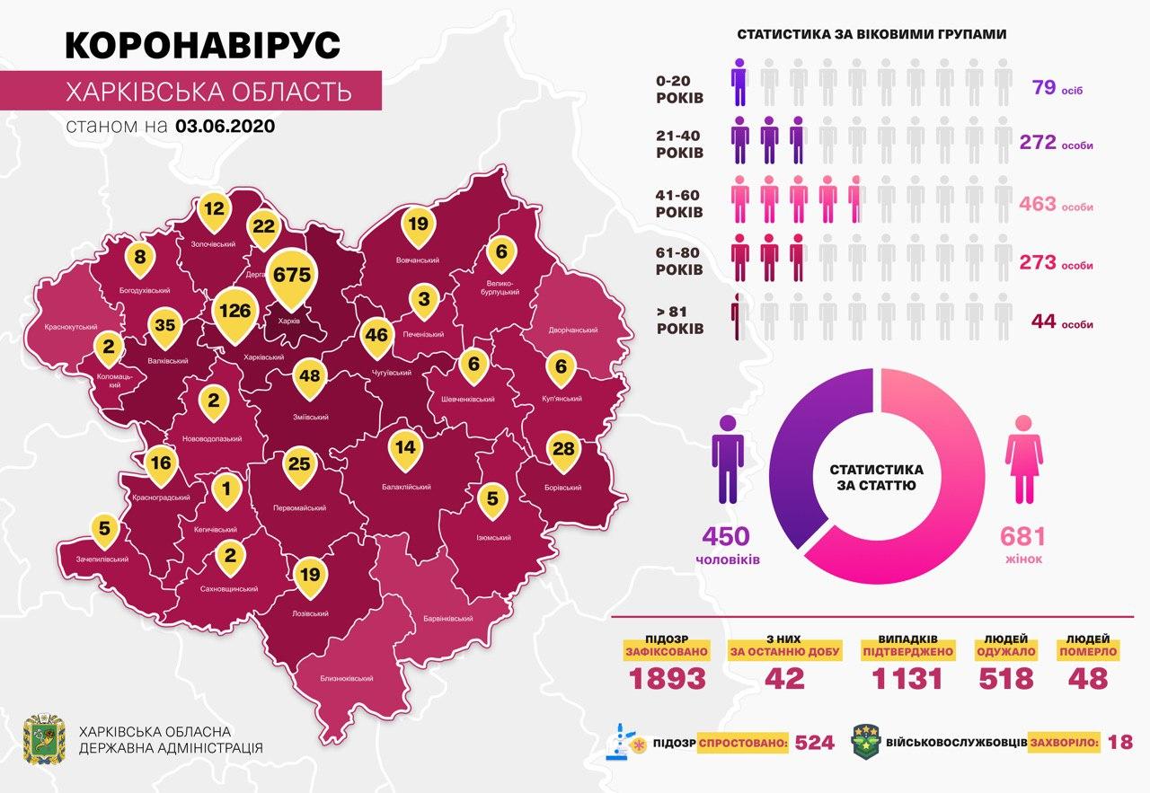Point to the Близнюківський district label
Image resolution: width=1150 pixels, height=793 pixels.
[347, 679]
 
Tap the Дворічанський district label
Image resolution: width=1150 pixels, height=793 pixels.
[573, 330]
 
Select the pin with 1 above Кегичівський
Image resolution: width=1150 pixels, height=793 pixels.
[226, 489]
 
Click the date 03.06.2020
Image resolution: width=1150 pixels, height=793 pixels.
[226, 126]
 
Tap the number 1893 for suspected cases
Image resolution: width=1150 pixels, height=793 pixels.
[668, 679]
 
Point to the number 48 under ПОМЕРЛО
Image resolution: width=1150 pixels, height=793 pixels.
[1088, 679]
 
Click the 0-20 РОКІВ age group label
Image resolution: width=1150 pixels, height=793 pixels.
[681, 87]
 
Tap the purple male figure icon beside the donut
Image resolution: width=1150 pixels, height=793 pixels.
[728, 458]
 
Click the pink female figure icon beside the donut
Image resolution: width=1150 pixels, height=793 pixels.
[1022, 458]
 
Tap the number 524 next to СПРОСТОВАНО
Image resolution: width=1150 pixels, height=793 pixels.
[815, 743]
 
